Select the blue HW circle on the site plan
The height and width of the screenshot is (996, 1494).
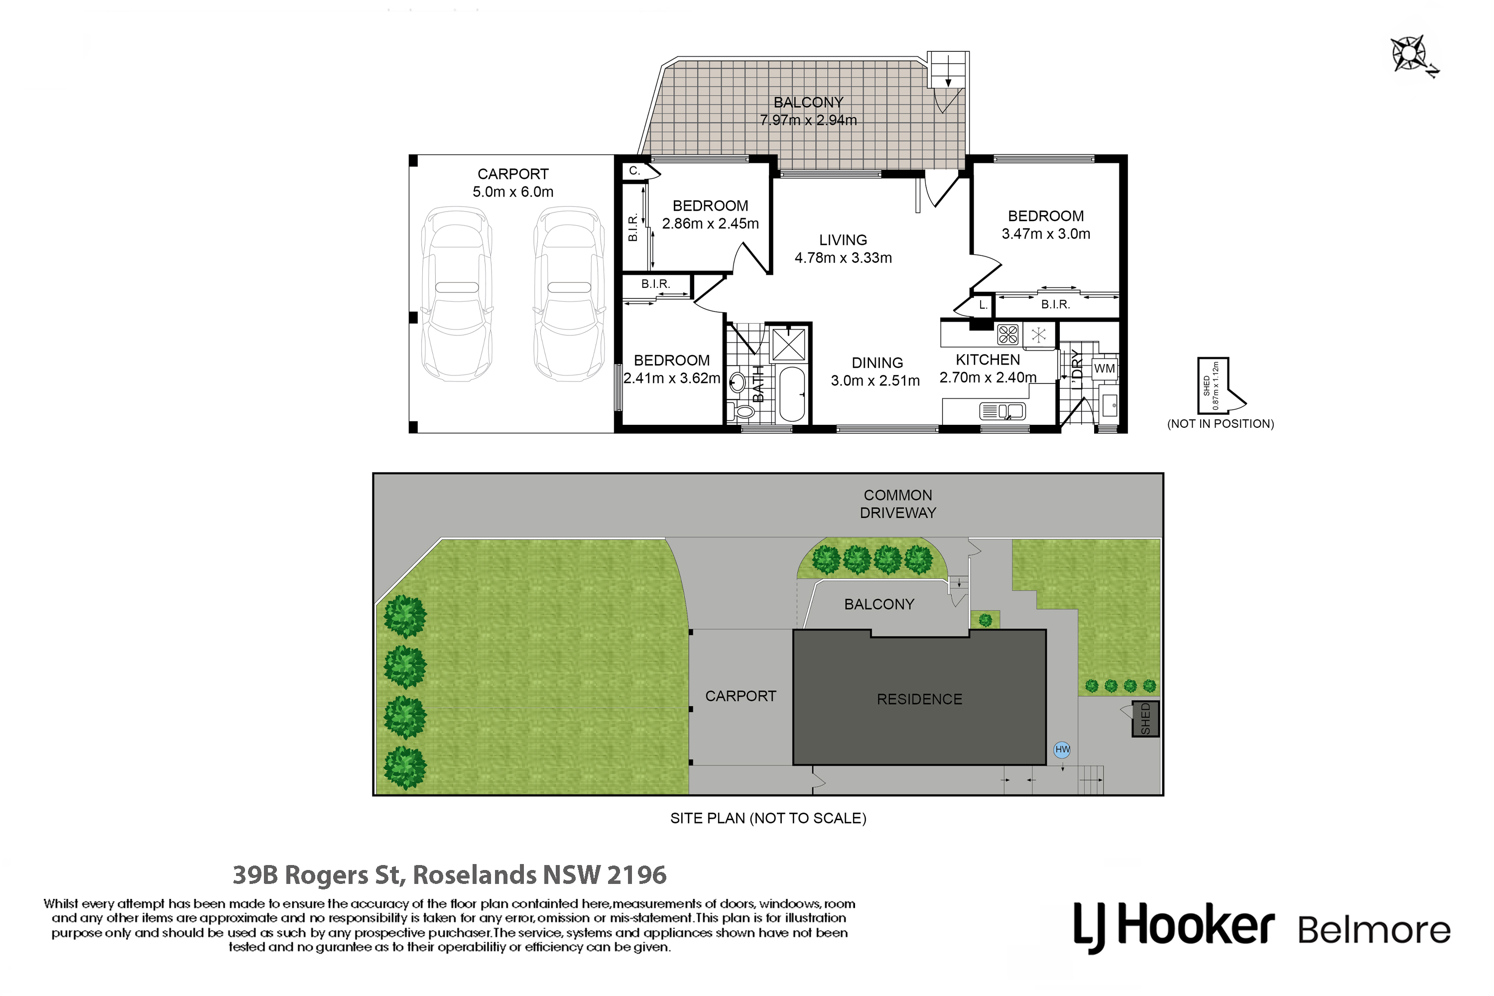click(1062, 749)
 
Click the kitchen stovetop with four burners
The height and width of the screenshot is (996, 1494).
click(1007, 334)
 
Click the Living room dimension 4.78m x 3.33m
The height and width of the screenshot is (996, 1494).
click(843, 258)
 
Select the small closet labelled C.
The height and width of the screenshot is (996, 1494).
click(635, 171)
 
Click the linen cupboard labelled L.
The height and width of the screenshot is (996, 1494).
click(982, 306)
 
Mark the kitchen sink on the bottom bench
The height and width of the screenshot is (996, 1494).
click(1003, 412)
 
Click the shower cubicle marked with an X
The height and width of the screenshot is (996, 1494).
click(788, 345)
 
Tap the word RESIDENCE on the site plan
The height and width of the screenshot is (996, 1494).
click(919, 699)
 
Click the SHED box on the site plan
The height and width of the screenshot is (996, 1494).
click(1145, 719)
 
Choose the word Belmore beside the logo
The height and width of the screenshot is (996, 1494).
click(1374, 931)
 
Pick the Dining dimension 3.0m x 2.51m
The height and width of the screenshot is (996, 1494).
click(875, 380)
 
